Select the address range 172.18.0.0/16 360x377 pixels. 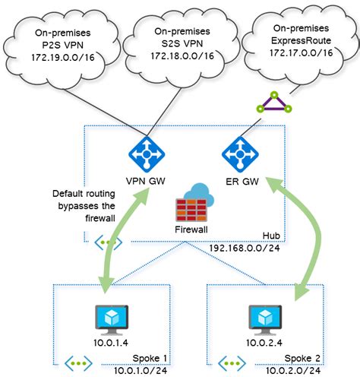pos(176,55)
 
